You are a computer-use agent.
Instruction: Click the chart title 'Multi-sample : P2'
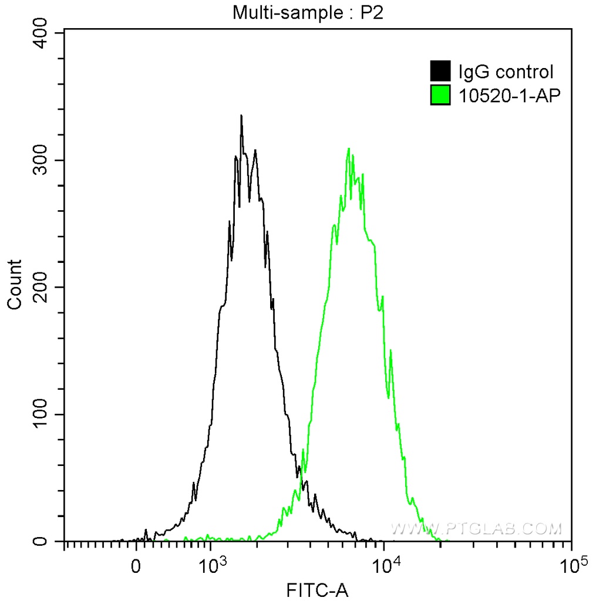point(308,12)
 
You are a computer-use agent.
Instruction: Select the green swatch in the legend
point(440,94)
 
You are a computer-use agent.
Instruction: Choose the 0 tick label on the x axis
point(136,568)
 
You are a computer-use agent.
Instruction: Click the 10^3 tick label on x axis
point(211,566)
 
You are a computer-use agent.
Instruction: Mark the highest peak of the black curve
point(241,116)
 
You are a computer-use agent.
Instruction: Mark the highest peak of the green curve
point(349,148)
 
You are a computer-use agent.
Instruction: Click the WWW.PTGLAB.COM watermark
point(476,529)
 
